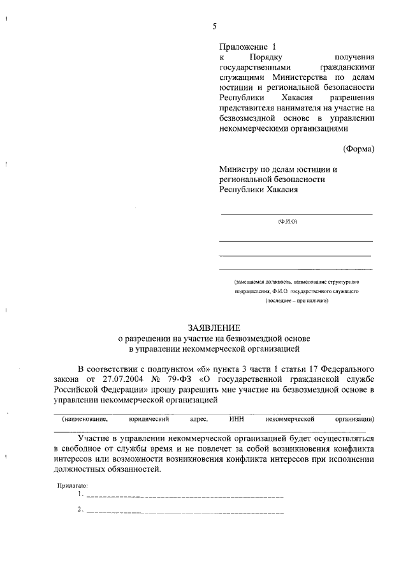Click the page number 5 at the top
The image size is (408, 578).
tap(215, 26)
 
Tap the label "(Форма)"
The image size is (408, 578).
tap(358, 149)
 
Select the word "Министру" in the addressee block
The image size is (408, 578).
tap(239, 169)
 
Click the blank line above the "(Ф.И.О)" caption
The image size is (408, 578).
tap(296, 213)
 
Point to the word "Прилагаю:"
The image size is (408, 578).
tap(72, 485)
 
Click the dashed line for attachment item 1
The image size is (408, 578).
tap(185, 496)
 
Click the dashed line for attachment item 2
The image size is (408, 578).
tap(185, 512)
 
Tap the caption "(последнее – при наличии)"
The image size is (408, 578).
tap(297, 300)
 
